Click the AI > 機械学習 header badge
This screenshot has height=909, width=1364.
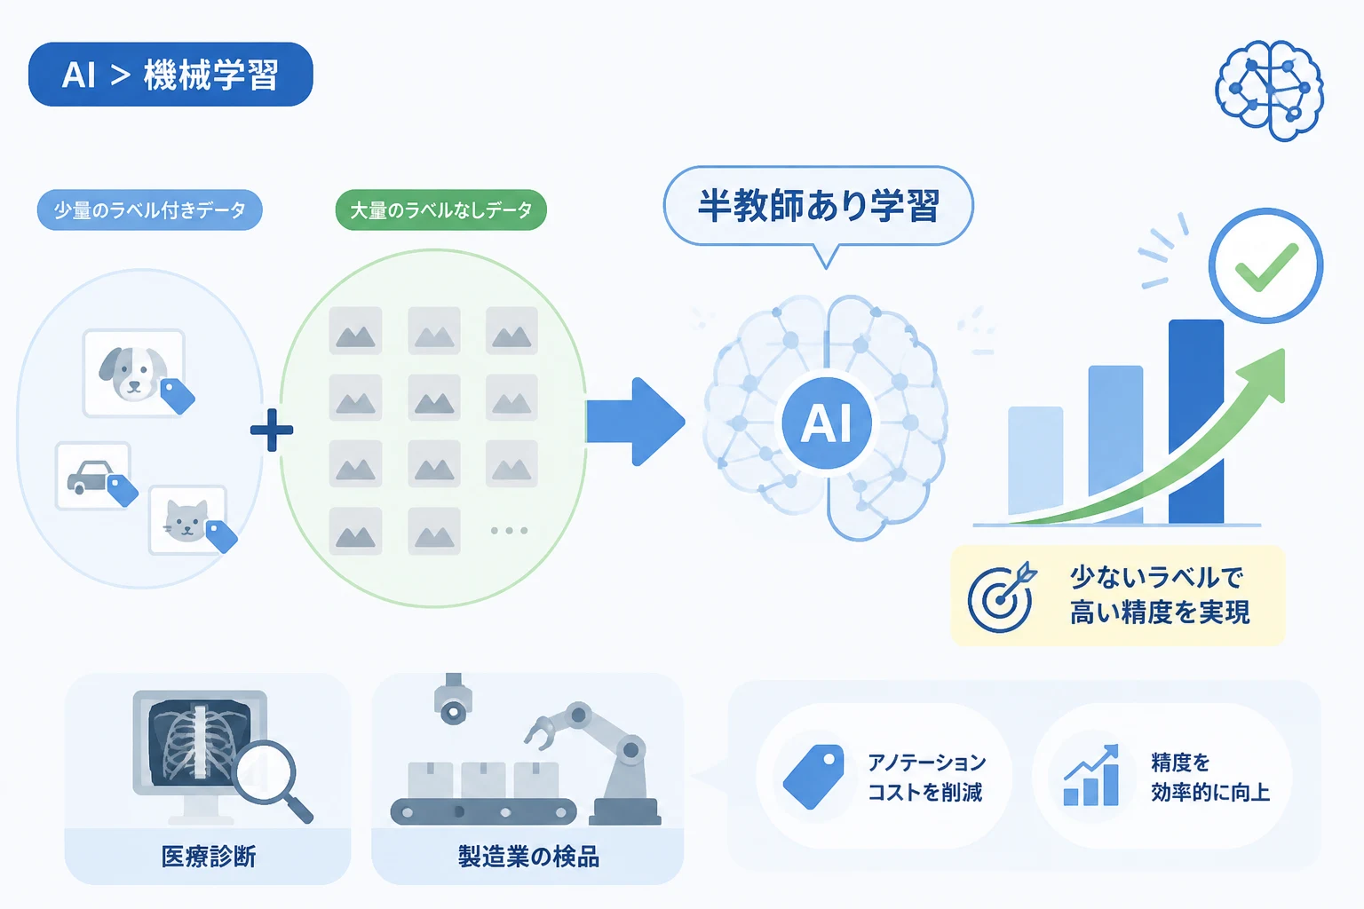tap(170, 75)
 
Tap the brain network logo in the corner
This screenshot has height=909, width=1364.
tap(1269, 91)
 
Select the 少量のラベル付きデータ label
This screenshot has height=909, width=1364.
tap(150, 210)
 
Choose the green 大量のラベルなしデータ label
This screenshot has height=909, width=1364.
tap(440, 210)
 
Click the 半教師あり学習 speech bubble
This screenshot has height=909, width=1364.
tap(819, 206)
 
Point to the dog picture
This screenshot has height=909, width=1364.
tap(135, 373)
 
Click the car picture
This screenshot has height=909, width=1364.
tap(93, 476)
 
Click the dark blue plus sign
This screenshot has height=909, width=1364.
tap(272, 431)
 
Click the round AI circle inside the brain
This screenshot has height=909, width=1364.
tap(827, 423)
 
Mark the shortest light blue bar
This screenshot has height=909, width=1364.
tap(1035, 465)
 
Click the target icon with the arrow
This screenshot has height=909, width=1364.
tap(1002, 597)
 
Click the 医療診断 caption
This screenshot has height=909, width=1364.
tap(209, 857)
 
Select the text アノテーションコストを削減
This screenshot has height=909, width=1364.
tap(925, 777)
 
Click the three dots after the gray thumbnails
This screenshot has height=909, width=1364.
tap(509, 530)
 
